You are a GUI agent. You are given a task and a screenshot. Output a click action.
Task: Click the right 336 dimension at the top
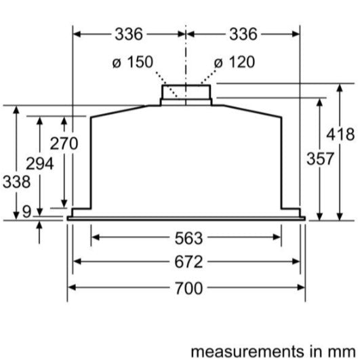(x=242, y=33)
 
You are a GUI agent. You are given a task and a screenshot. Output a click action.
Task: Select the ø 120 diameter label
(x=235, y=62)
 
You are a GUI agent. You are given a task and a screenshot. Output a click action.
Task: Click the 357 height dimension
(x=319, y=159)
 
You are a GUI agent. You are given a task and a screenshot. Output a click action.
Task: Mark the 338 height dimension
(x=16, y=182)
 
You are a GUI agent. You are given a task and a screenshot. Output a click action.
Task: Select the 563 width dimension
(x=187, y=237)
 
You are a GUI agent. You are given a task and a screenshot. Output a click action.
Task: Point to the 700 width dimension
(x=187, y=288)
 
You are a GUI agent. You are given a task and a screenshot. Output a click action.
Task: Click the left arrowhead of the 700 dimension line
(x=72, y=287)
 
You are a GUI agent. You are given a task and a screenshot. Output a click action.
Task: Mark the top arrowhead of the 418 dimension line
(x=339, y=87)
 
